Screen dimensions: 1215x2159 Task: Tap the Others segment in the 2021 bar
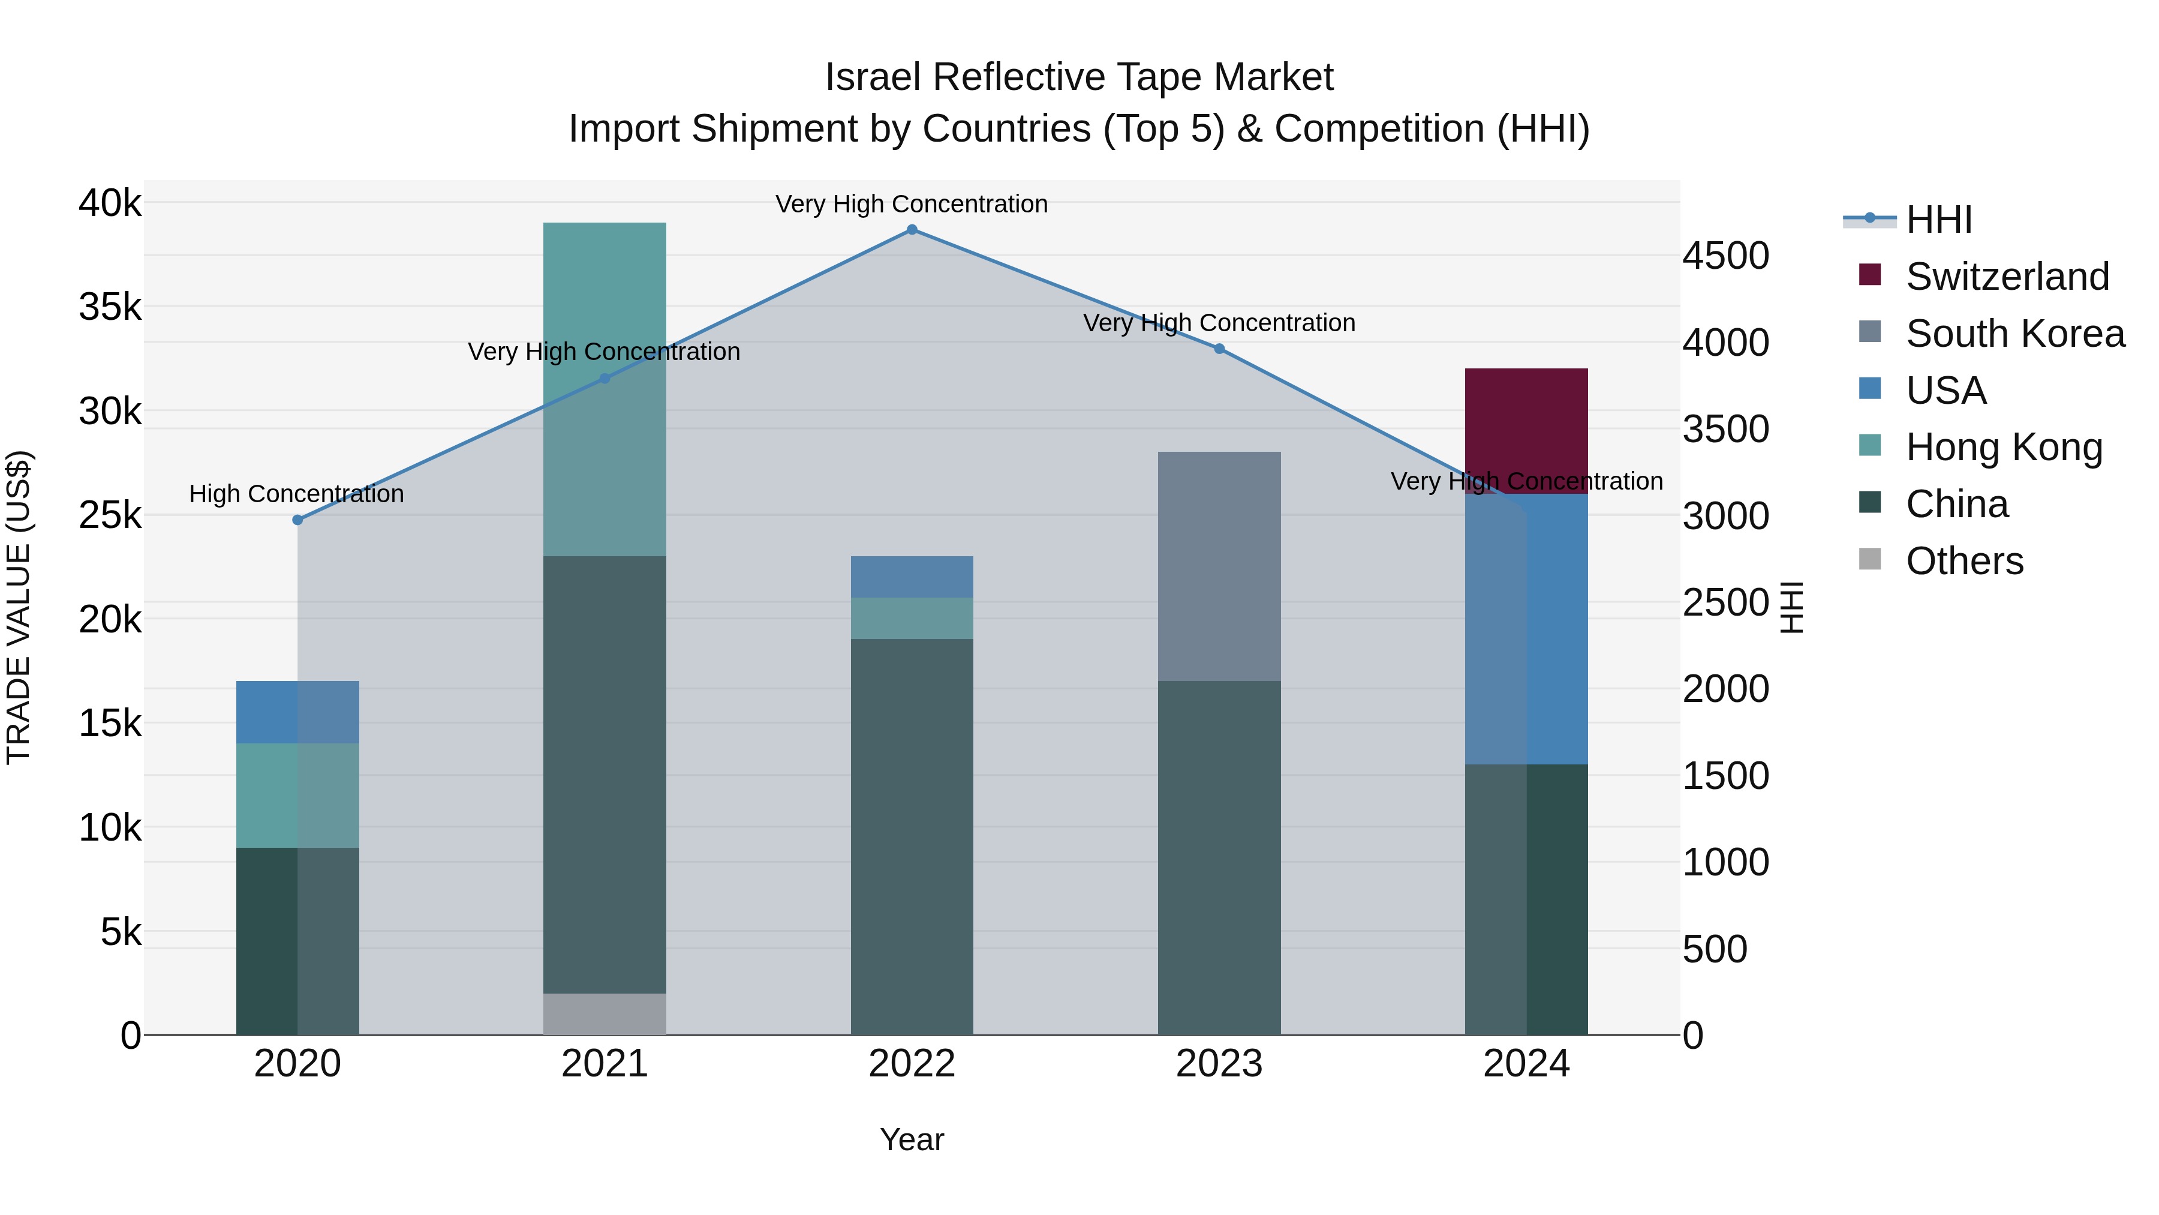(605, 1014)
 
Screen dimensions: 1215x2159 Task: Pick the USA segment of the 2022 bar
(912, 576)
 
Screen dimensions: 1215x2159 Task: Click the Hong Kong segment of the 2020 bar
(297, 795)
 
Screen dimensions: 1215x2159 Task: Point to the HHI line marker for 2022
(912, 230)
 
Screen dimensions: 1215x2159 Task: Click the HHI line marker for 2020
(297, 520)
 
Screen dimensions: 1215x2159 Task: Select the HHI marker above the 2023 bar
(1219, 349)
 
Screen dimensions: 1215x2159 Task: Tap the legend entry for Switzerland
(2007, 277)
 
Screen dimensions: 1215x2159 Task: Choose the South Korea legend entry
(2015, 334)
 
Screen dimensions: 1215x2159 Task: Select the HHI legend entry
(1938, 220)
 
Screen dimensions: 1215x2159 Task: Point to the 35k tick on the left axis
(110, 307)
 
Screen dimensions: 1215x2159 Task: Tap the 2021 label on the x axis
(605, 1064)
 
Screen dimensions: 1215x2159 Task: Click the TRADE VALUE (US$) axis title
(19, 607)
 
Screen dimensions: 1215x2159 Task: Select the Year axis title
(912, 1139)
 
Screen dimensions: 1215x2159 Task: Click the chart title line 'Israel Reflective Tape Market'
(1079, 77)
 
